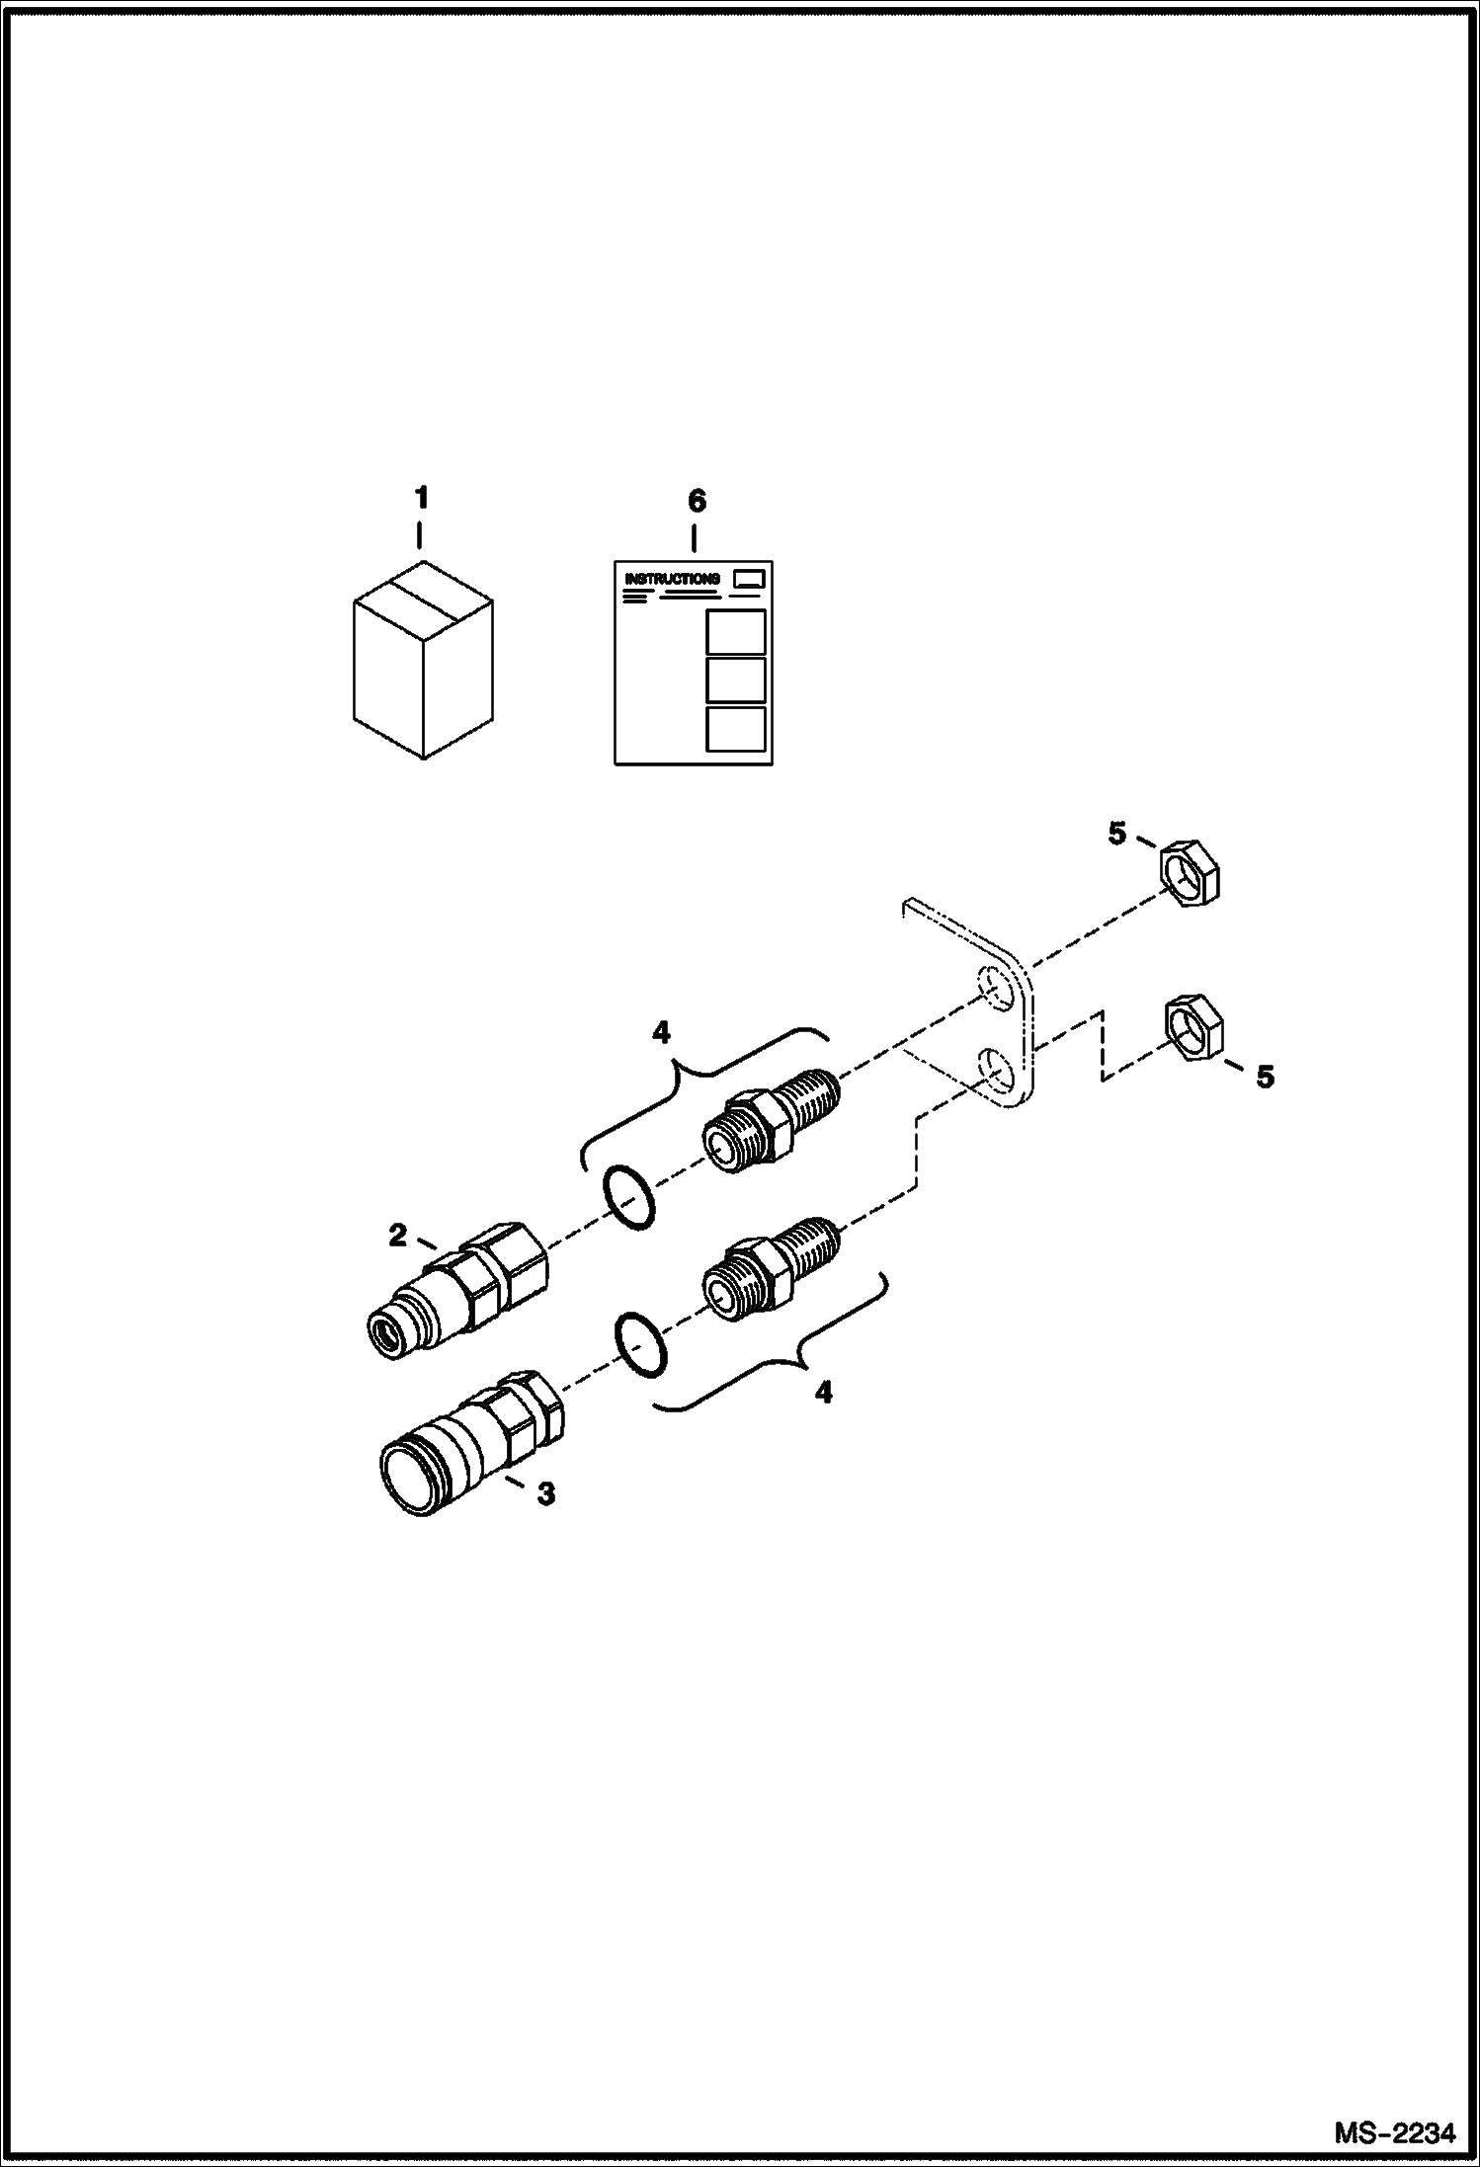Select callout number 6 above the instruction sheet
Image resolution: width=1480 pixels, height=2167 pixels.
697,501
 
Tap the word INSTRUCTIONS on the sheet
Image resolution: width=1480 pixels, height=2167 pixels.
673,579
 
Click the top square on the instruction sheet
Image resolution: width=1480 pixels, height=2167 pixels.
736,631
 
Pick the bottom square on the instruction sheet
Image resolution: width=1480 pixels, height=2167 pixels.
736,728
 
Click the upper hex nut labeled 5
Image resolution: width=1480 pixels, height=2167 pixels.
1189,872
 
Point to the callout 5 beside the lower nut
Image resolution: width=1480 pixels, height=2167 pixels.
1265,1076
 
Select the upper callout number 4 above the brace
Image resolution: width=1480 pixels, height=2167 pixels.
661,1033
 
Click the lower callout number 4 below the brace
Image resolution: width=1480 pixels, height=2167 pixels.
823,1393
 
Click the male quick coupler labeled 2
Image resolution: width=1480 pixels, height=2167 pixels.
459,1290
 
